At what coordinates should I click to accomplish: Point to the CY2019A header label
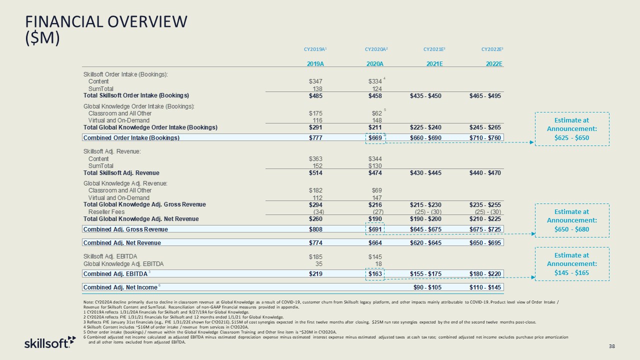(314, 49)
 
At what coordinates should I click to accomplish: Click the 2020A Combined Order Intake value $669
(375, 137)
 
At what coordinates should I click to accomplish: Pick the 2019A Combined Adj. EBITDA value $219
(315, 273)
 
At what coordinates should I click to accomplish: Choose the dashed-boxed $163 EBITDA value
(375, 273)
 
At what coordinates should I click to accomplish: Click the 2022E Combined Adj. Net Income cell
(485, 287)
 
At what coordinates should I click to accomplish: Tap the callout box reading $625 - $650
(572, 128)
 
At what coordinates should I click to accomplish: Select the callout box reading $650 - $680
(572, 220)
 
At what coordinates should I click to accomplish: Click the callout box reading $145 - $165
(572, 263)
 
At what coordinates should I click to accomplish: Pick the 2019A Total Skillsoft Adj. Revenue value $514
(315, 172)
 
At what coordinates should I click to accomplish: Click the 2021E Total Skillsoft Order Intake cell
(425, 95)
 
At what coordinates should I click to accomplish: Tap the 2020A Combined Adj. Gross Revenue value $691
(375, 229)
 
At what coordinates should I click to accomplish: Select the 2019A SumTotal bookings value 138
(316, 88)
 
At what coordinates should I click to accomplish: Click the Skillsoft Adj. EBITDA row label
(110, 256)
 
